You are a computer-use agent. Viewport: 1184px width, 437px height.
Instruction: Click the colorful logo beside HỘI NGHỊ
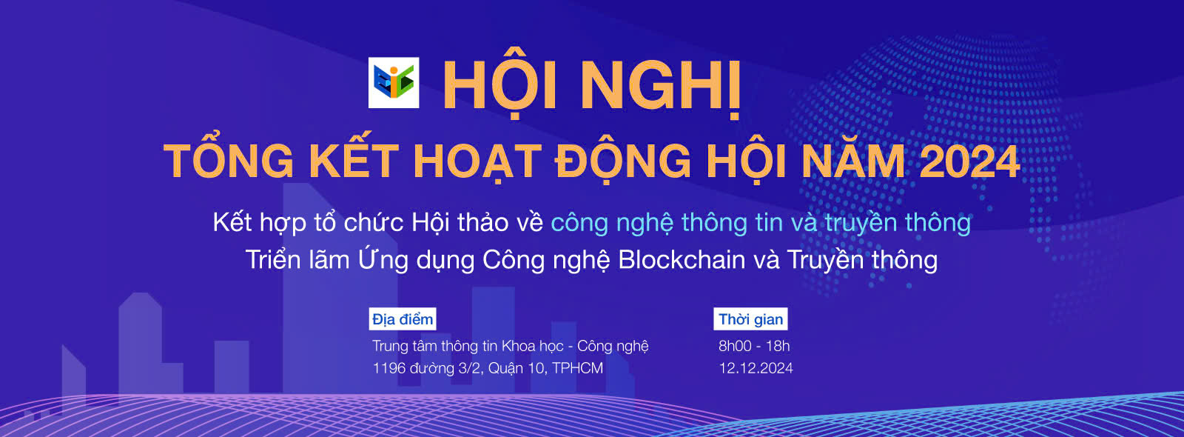tap(394, 82)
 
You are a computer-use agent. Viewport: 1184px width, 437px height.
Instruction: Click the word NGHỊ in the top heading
tap(660, 86)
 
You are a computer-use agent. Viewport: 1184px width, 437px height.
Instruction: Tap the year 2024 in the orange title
tap(969, 161)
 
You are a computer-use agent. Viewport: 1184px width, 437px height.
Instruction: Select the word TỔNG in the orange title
tap(229, 161)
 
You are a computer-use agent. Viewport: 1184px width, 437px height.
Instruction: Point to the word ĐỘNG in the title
tap(624, 161)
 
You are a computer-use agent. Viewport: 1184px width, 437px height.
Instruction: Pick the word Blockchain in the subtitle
tap(682, 260)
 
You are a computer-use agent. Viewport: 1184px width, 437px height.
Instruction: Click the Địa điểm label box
tap(403, 319)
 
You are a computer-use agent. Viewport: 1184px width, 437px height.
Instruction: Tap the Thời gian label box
tap(750, 319)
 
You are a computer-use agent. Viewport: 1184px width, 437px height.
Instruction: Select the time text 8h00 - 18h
tap(754, 346)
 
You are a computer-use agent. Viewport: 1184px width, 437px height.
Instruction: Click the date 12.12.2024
tap(756, 368)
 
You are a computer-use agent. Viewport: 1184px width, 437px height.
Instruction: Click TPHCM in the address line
tap(577, 368)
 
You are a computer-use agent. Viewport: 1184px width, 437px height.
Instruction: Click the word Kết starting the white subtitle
tap(232, 222)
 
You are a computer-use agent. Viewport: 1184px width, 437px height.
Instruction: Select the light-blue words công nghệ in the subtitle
tap(612, 223)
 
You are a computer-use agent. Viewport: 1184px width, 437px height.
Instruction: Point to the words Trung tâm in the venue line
tap(404, 346)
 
